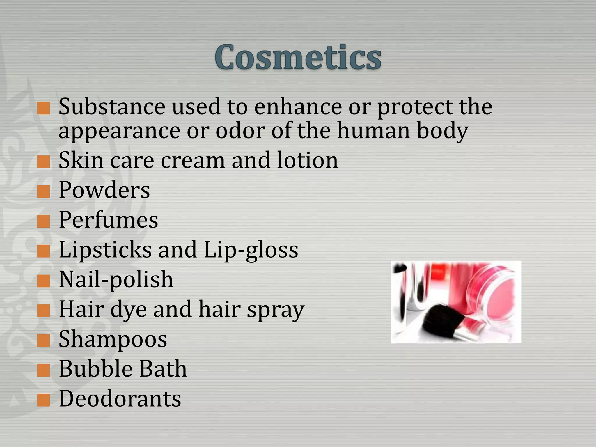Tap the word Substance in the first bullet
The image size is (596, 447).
(x=112, y=107)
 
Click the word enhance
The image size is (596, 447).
(x=298, y=107)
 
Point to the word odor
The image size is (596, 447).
(x=240, y=131)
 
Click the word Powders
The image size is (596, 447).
(x=104, y=190)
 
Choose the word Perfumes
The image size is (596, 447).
(x=108, y=220)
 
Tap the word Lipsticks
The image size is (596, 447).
(x=105, y=250)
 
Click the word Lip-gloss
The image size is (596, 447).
(x=251, y=250)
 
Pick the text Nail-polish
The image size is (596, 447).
(x=116, y=279)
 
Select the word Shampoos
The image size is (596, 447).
(x=113, y=339)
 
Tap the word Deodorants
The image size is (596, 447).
(x=120, y=399)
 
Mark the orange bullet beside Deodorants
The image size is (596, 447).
(x=44, y=400)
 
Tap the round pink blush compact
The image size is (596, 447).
(x=492, y=300)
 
